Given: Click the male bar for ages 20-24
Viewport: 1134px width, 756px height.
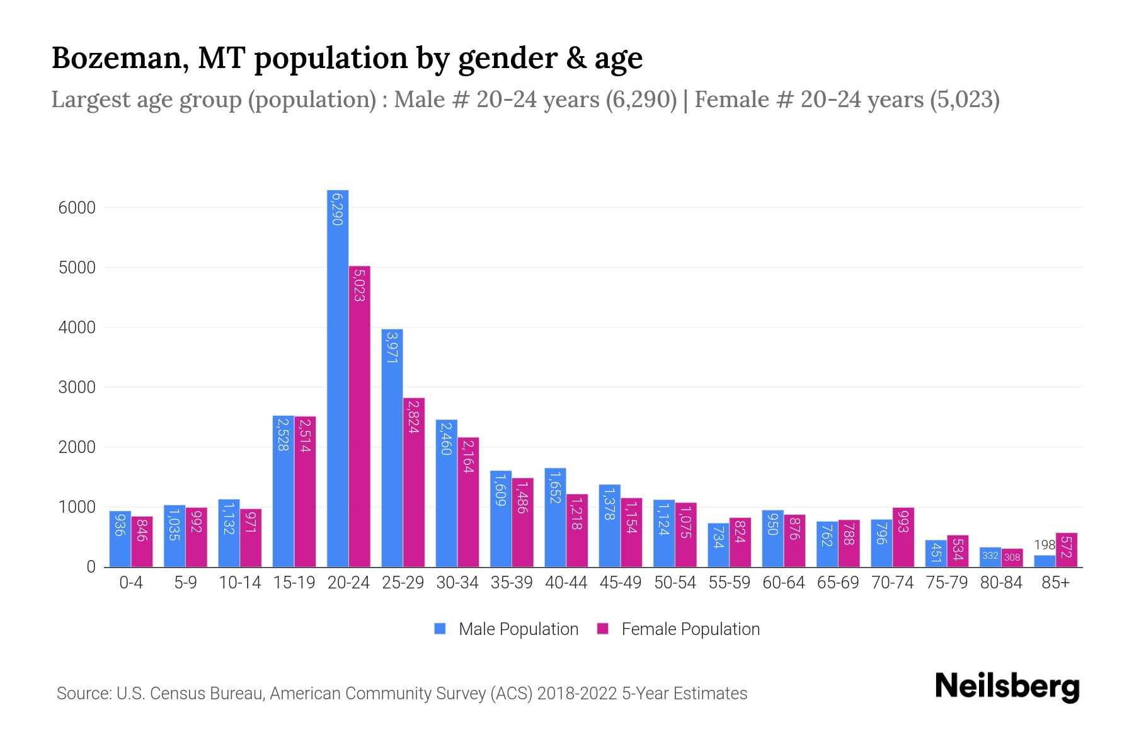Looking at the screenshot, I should (x=338, y=378).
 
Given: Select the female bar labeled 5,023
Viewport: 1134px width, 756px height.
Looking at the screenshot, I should (x=360, y=416).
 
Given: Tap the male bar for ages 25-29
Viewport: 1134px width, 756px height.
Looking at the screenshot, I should (x=392, y=447).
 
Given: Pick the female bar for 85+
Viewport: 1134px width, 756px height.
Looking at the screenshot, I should (x=1066, y=550).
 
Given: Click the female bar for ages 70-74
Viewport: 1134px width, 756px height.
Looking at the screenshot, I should (x=903, y=537).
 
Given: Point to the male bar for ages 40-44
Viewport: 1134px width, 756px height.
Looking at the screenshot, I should (x=555, y=517).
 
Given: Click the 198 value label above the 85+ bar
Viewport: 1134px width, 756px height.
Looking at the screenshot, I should (x=1044, y=545).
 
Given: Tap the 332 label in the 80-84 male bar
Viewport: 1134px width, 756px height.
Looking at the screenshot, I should (x=990, y=556).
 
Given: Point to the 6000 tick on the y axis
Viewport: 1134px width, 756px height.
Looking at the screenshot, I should (x=77, y=208).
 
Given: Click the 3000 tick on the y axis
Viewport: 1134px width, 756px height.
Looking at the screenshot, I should (x=77, y=387).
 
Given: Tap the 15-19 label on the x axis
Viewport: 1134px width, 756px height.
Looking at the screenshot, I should (x=294, y=583).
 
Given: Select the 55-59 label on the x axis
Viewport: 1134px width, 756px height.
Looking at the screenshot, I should (x=729, y=583).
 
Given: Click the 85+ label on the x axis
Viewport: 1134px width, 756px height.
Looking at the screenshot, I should (x=1055, y=583).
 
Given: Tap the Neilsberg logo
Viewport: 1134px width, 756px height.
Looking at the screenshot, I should (x=1007, y=687).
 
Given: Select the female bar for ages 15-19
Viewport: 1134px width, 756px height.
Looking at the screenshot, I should (x=305, y=491).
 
